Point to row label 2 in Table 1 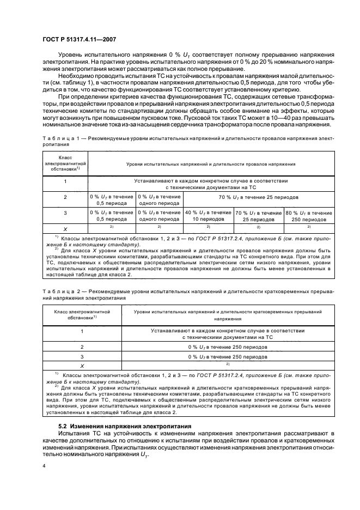[65, 197]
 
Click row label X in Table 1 [65, 229]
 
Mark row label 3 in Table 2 [82, 357]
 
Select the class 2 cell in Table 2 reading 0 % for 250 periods [228, 346]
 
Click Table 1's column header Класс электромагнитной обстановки [65, 163]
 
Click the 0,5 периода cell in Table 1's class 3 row [111, 216]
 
